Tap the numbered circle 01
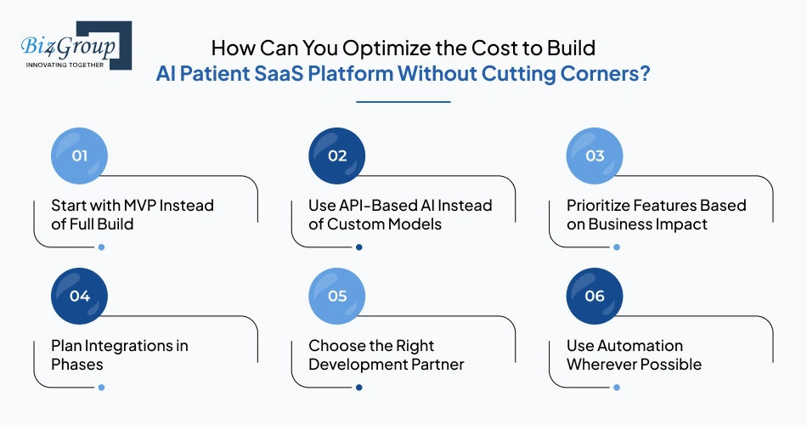(x=80, y=156)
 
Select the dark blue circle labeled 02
(x=337, y=156)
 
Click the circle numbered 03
(x=595, y=156)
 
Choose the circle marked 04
(x=80, y=296)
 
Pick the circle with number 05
(x=337, y=296)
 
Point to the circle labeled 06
(x=595, y=296)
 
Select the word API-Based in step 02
(x=373, y=206)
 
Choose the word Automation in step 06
(x=641, y=346)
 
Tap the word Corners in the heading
(x=599, y=73)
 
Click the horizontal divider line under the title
(x=403, y=102)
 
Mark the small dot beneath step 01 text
(x=101, y=247)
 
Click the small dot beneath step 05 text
(x=358, y=388)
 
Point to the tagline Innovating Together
(x=65, y=65)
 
